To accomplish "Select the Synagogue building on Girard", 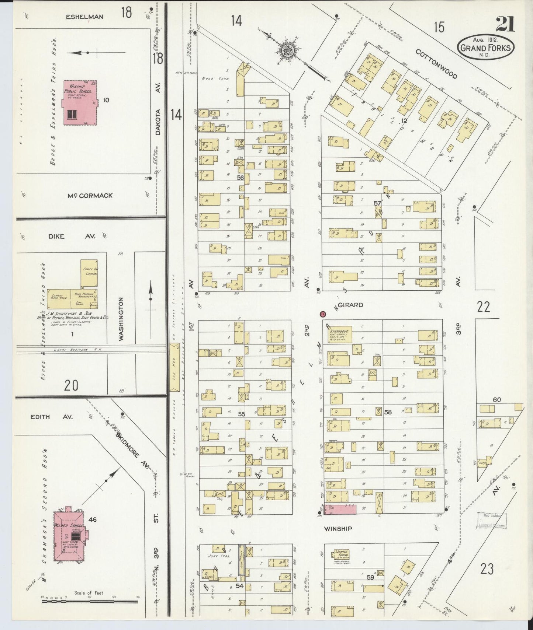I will point(339,335).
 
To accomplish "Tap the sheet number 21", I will point(505,25).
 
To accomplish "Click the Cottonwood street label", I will point(436,64).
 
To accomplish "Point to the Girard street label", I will point(350,305).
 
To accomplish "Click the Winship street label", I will point(338,529).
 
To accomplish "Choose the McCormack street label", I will point(90,196).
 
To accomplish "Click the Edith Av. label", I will point(52,417).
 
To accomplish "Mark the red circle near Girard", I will point(323,314).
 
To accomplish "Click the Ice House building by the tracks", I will point(174,367).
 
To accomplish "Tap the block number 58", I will point(388,412).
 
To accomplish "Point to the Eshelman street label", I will point(85,17).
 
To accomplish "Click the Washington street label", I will point(121,319).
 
